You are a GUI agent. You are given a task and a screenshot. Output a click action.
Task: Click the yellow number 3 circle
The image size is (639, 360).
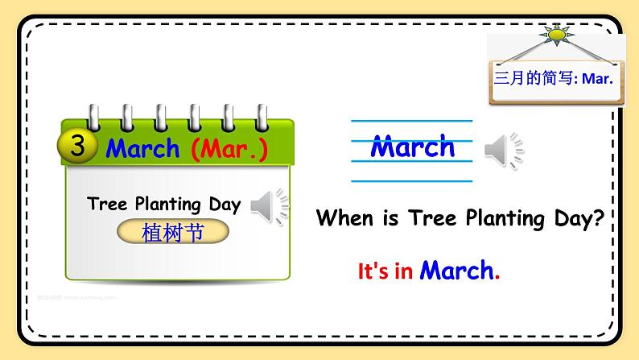[78, 146]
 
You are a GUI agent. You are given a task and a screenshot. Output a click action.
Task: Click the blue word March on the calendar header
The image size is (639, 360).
[142, 148]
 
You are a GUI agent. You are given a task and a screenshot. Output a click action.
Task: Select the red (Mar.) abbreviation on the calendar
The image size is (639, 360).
[229, 148]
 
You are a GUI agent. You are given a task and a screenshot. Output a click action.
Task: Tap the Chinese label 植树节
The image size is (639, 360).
[172, 233]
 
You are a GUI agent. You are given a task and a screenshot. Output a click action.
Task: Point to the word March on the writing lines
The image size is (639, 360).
[412, 147]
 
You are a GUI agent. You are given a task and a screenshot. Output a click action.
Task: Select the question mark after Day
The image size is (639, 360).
[597, 217]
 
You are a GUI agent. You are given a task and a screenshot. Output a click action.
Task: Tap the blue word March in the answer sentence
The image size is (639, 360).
[457, 271]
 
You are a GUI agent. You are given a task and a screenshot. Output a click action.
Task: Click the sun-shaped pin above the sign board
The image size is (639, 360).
[556, 35]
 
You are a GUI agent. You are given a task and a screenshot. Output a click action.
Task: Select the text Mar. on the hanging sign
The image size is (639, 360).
[597, 79]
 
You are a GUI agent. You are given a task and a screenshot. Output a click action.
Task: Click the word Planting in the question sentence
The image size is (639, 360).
[493, 217]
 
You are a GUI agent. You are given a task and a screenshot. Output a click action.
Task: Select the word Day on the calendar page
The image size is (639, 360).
[225, 205]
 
